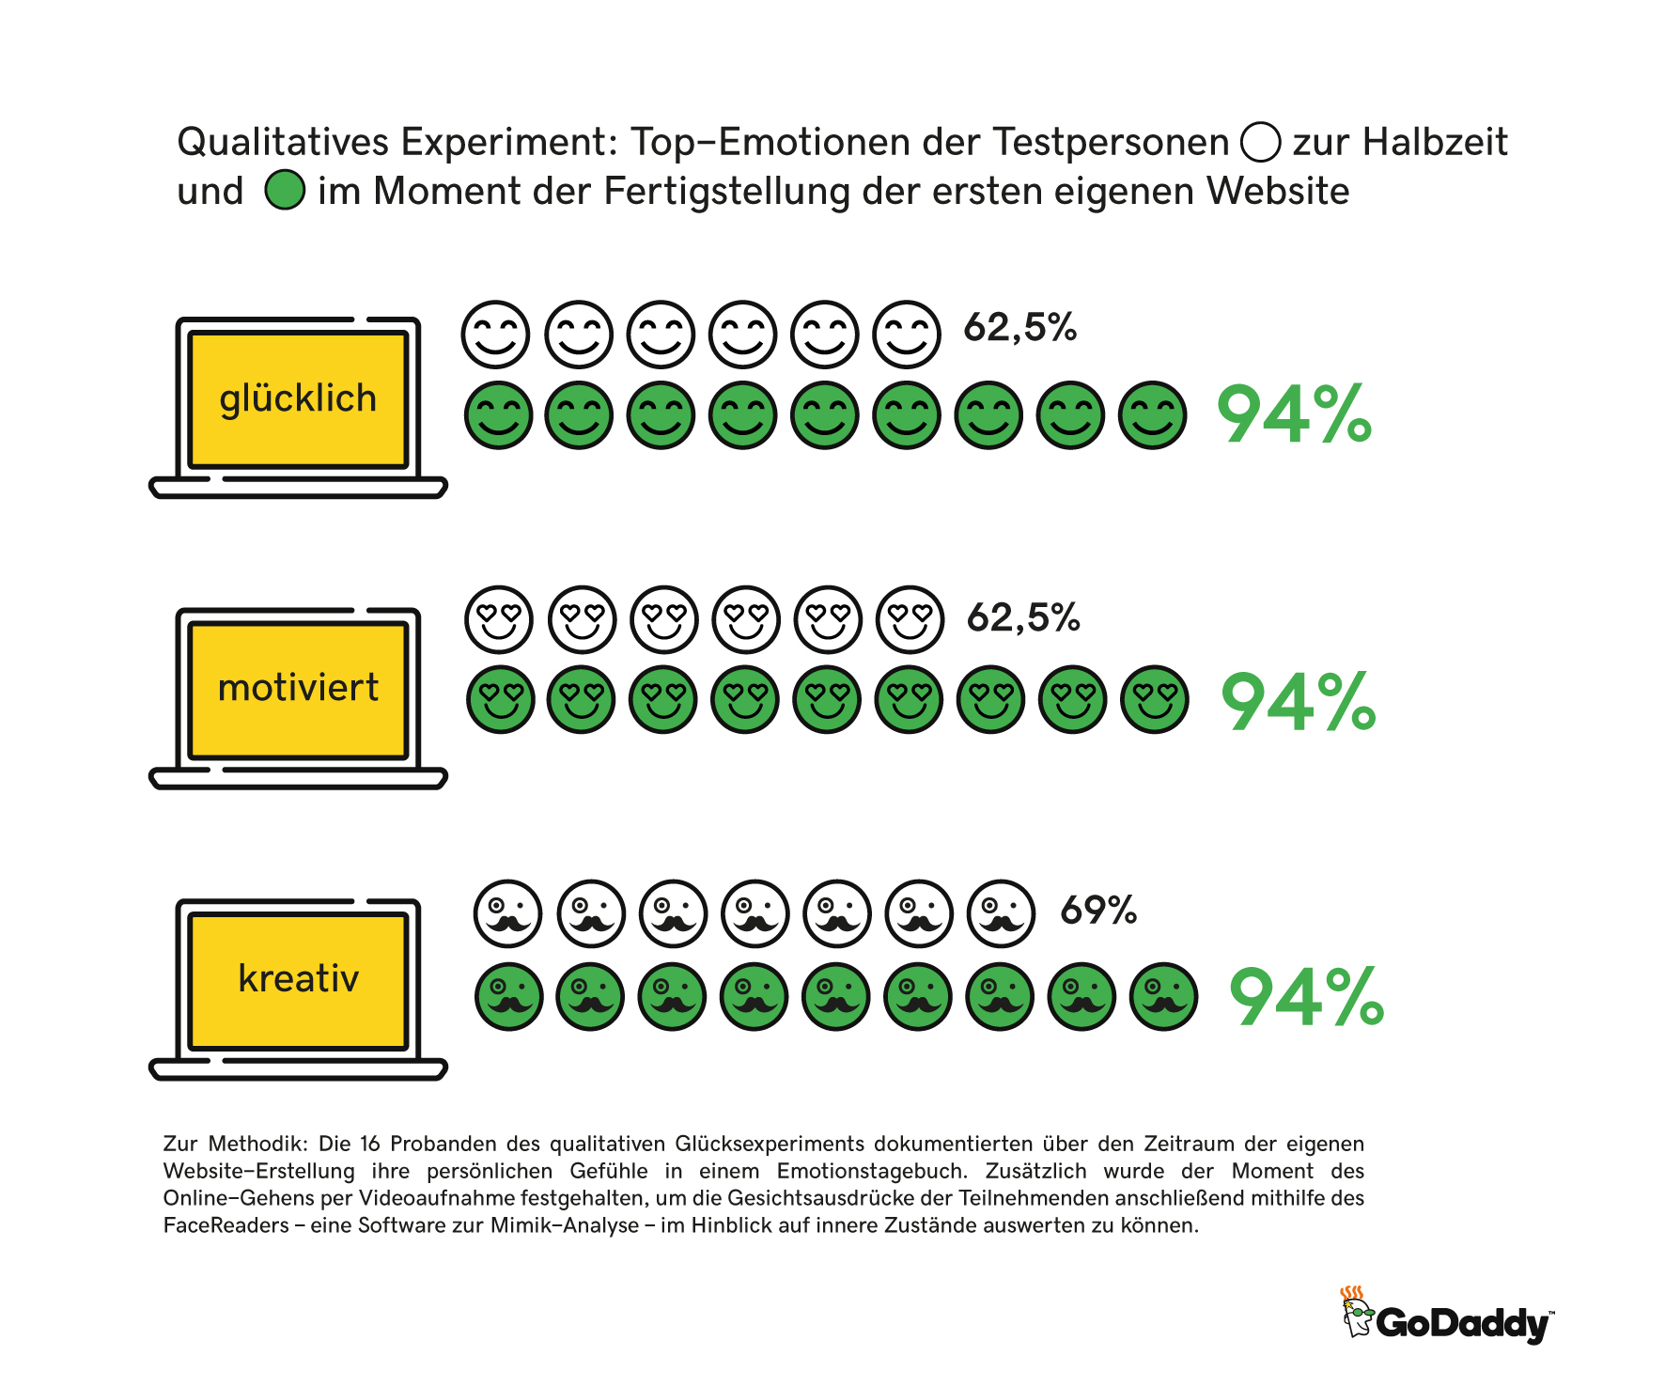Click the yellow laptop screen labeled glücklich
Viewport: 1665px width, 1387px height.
click(298, 399)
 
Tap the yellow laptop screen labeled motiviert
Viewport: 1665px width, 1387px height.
click(298, 690)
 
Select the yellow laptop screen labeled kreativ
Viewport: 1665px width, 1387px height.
click(298, 980)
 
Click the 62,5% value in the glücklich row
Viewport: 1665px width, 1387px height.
click(1020, 327)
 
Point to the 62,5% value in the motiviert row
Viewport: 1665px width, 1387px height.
click(1023, 617)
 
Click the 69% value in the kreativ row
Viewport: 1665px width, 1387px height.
click(1098, 910)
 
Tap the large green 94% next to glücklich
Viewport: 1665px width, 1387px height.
click(1294, 414)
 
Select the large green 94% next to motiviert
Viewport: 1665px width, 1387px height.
click(1298, 702)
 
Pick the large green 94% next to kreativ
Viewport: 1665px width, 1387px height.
click(1306, 997)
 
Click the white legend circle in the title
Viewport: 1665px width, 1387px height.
click(1260, 143)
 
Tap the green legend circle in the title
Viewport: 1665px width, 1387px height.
click(285, 190)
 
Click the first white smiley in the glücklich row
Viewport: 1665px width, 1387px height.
click(495, 335)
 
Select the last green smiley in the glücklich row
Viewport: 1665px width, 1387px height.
click(1152, 415)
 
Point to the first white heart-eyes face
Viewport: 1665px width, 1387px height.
click(499, 620)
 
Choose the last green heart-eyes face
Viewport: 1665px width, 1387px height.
click(1155, 700)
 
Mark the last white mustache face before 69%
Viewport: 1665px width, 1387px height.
click(1002, 913)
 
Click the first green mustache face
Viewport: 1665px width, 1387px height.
click(509, 996)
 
